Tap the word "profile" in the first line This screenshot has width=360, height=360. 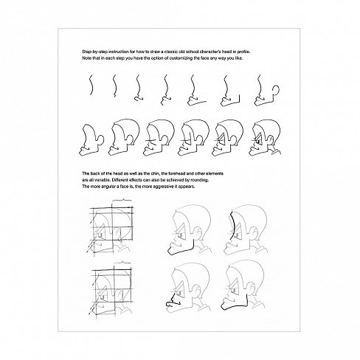point(243,52)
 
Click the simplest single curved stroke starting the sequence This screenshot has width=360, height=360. point(91,85)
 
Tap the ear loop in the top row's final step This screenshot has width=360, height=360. point(277,91)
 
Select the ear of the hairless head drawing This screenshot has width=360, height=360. point(101,140)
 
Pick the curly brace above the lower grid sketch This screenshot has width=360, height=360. point(122,263)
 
